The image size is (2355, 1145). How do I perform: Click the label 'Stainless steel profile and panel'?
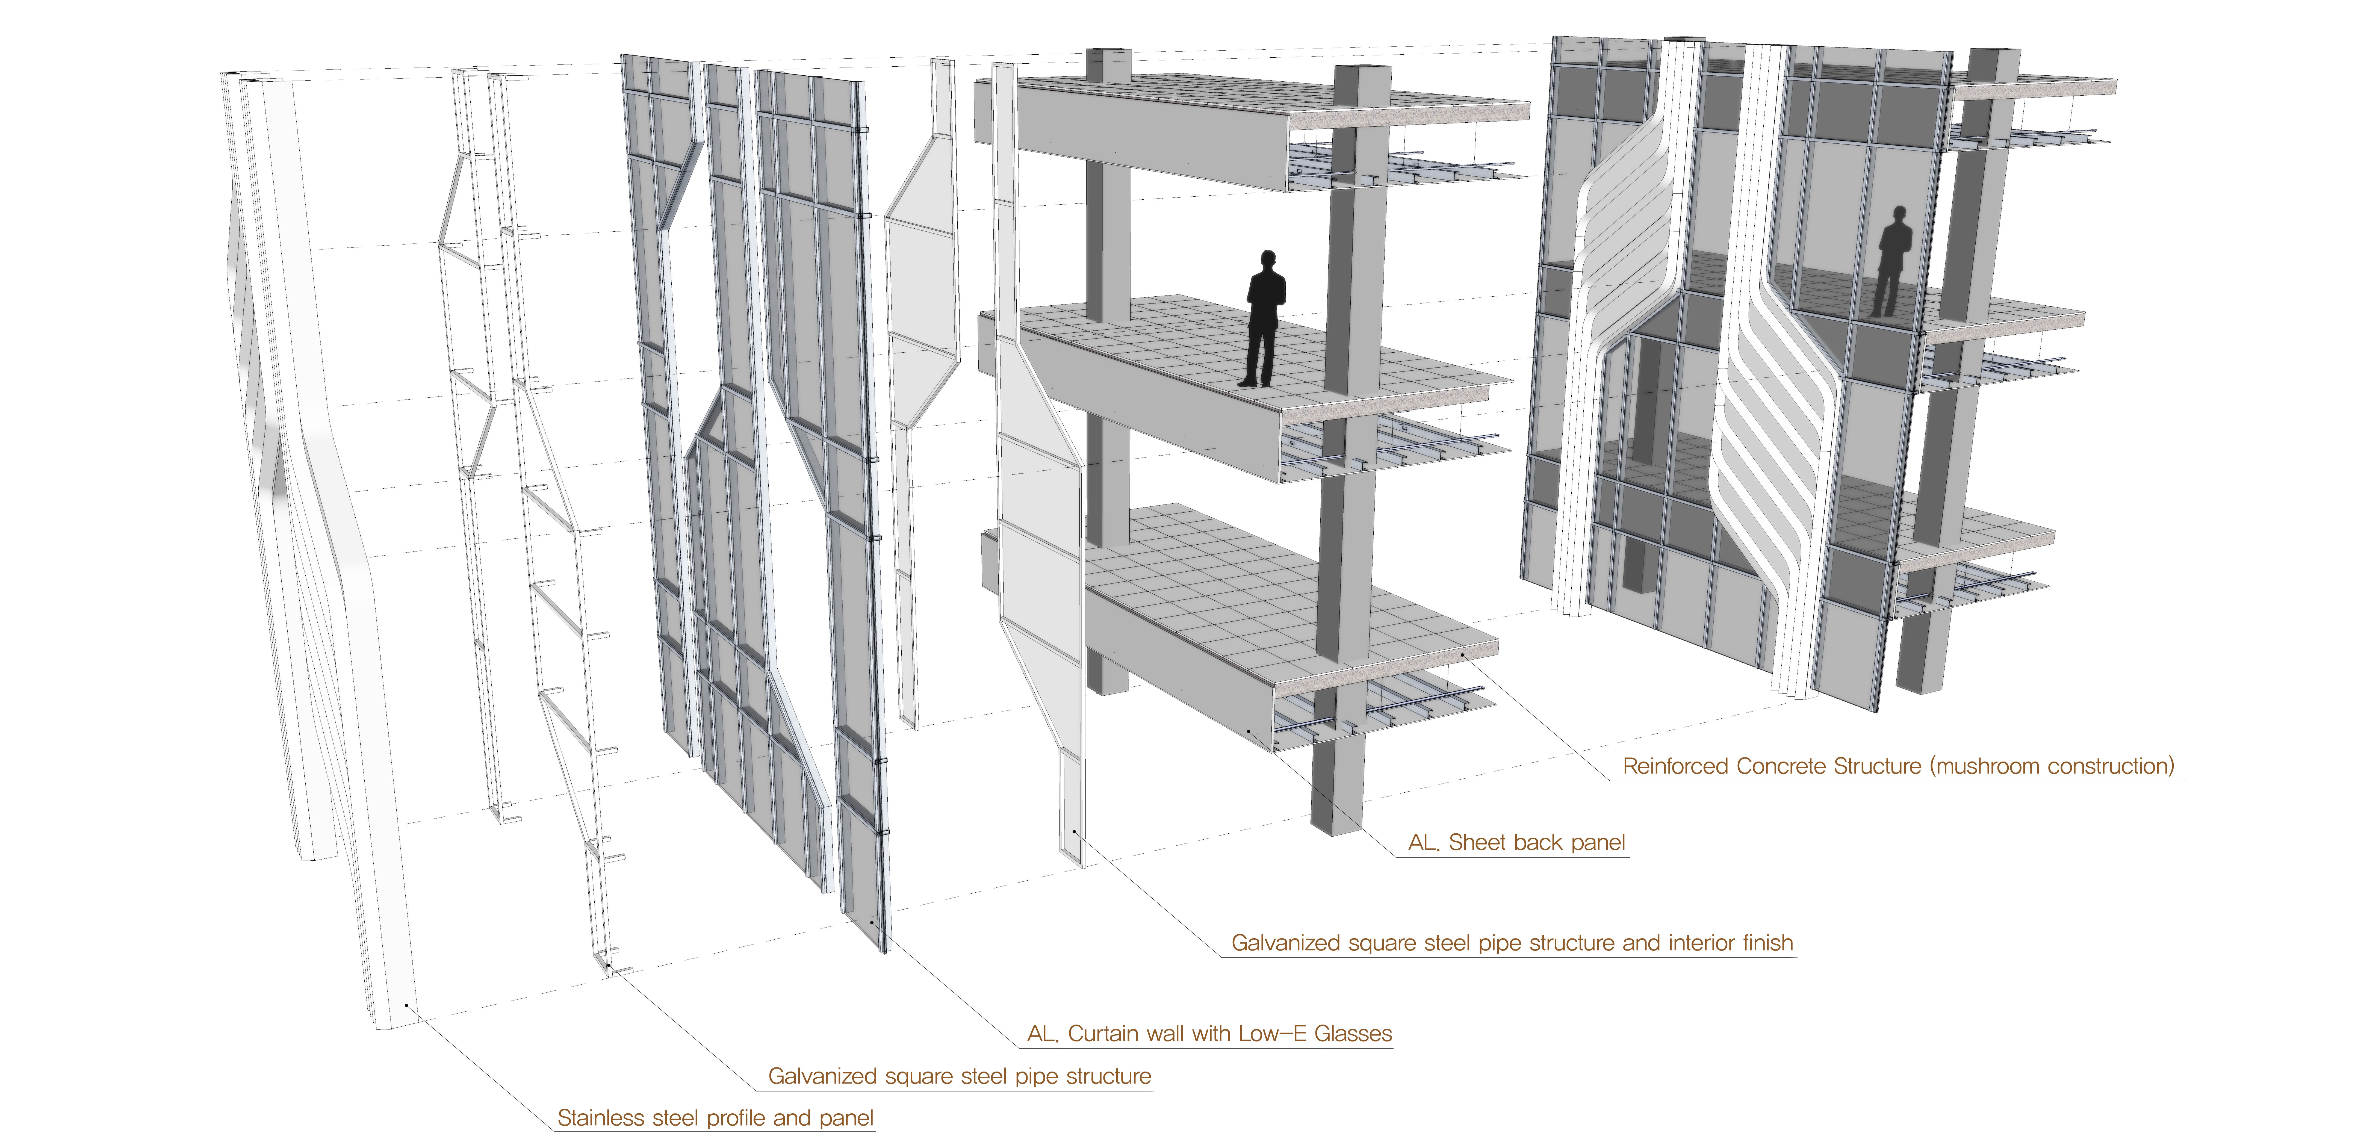click(x=715, y=1118)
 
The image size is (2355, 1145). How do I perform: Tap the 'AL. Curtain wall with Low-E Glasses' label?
click(x=1209, y=1034)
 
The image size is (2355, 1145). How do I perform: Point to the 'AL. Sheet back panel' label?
click(x=1517, y=842)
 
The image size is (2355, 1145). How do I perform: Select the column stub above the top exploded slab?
click(x=1108, y=64)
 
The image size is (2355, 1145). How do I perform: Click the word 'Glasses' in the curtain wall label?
click(x=1353, y=1034)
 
